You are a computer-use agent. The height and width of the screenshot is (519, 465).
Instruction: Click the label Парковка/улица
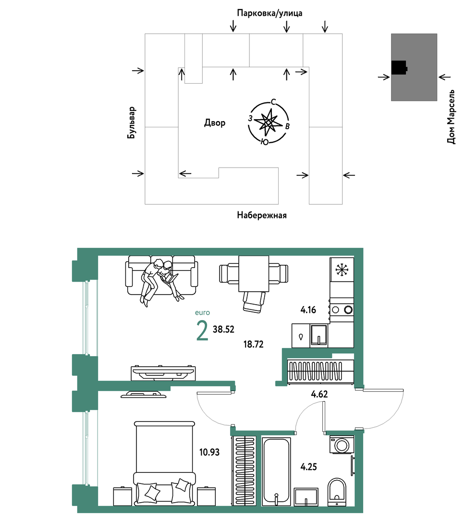click(x=269, y=13)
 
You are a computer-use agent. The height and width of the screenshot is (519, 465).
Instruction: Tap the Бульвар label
click(x=132, y=123)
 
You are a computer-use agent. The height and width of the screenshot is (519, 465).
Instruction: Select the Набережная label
click(x=262, y=215)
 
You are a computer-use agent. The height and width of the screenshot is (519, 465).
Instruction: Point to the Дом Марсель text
click(x=451, y=117)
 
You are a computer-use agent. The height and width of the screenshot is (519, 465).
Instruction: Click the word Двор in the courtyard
click(x=215, y=123)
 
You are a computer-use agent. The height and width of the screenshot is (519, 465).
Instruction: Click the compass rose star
click(x=269, y=122)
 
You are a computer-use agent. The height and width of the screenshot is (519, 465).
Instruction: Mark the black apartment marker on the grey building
click(x=399, y=68)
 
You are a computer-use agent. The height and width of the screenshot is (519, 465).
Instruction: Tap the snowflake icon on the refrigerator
click(x=342, y=270)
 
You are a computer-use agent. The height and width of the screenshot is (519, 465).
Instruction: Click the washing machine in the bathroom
click(x=342, y=445)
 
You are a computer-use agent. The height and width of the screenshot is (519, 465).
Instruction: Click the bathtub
click(x=276, y=472)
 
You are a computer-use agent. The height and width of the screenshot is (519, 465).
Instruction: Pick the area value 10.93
click(x=209, y=452)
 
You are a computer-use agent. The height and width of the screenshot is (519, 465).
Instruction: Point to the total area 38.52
click(x=223, y=329)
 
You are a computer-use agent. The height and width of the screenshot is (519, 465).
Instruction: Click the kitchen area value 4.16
click(x=308, y=310)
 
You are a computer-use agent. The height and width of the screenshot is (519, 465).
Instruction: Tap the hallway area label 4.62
click(x=319, y=394)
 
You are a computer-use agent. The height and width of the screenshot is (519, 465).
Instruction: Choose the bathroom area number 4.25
click(x=308, y=467)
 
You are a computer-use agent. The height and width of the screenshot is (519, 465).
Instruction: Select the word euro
click(x=202, y=312)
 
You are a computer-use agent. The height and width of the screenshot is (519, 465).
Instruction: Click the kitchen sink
click(x=318, y=335)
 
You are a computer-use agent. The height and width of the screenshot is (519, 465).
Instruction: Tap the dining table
click(x=254, y=273)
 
